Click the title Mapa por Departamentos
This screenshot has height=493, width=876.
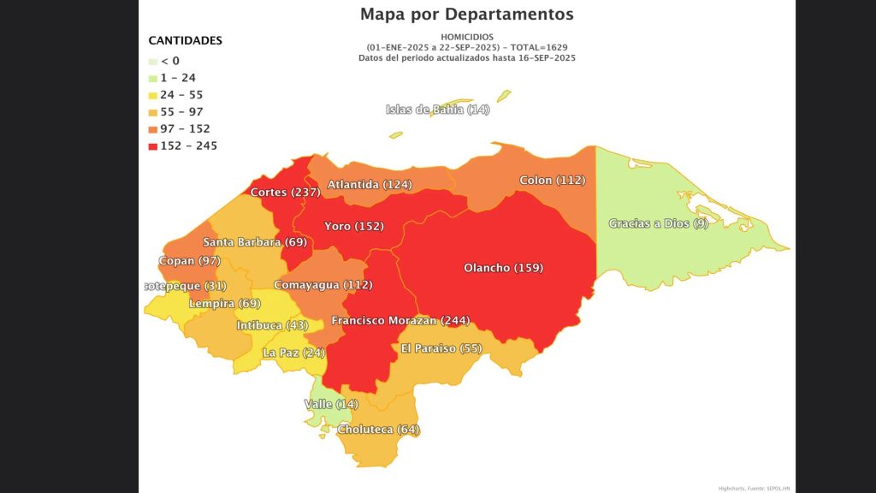pos(466,15)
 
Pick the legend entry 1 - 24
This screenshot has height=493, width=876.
pos(178,78)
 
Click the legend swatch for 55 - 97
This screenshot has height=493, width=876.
pos(153,112)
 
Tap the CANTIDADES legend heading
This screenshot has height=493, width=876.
pos(185,40)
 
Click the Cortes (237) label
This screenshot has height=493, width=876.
pos(285,193)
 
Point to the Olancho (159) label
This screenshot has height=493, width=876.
pos(503,268)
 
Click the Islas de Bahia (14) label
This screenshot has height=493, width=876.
pos(437,110)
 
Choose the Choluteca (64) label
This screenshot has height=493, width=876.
pos(379,430)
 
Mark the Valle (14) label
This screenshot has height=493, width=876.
pos(331,404)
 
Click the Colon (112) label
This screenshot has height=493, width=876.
pos(552,181)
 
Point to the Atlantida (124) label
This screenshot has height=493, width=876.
pos(370,185)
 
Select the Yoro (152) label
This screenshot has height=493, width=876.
pos(353,227)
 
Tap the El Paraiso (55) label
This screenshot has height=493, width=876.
pos(441,348)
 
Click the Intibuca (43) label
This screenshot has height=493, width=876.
pos(272,326)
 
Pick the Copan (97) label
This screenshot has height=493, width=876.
pos(189,260)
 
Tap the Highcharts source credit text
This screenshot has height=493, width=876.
pos(754,488)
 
